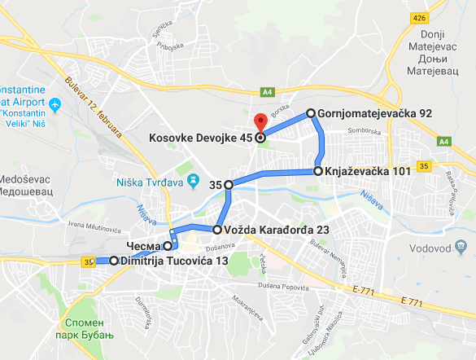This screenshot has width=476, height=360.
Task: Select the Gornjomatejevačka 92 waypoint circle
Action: pos(311,113)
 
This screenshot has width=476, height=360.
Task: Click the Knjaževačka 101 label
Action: pos(365,172)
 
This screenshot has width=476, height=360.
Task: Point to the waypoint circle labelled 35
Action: pos(229,185)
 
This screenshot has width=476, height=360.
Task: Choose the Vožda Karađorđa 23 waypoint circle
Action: pos(217,230)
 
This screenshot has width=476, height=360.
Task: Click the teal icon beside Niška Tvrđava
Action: pos(193,178)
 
